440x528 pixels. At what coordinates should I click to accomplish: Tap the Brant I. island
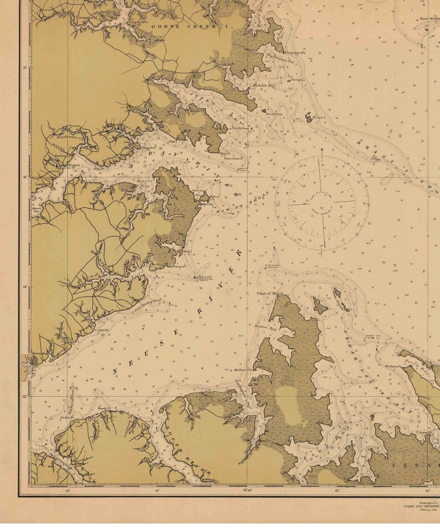(309, 118)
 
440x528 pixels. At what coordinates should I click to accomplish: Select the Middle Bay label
(264, 86)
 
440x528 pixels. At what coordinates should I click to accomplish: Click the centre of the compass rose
(321, 202)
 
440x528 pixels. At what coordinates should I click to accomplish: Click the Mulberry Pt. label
(243, 369)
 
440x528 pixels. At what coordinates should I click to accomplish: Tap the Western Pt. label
(392, 366)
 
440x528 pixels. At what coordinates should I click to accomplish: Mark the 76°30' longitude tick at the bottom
(247, 490)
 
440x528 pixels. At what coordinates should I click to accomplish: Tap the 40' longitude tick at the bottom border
(67, 490)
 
